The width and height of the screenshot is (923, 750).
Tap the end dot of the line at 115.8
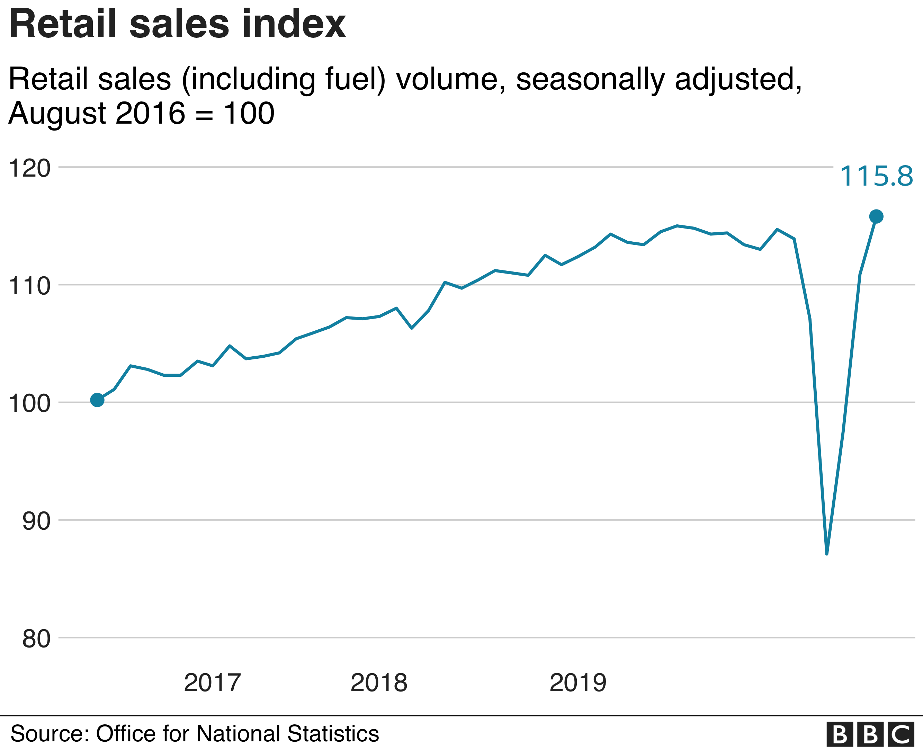[876, 216]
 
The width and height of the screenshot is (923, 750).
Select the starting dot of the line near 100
[97, 401]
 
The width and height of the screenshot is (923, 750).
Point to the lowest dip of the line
[827, 553]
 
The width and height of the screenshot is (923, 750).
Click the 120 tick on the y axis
[30, 168]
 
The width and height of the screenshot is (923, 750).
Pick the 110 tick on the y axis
[30, 286]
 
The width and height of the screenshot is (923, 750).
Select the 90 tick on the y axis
[36, 521]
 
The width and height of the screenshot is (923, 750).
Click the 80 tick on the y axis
[36, 639]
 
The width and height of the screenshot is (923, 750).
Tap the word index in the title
[294, 24]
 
